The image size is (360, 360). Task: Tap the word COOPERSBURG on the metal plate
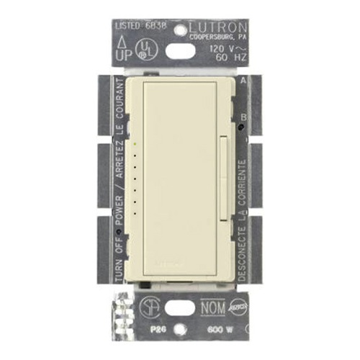tap(213, 39)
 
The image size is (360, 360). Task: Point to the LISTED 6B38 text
tap(138, 26)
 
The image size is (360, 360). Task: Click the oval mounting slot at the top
tap(181, 51)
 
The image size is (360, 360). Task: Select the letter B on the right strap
tap(246, 115)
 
